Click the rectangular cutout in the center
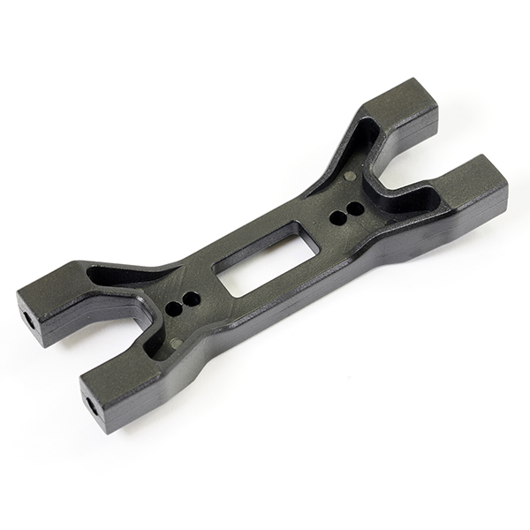[256, 258]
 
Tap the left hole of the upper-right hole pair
[337, 216]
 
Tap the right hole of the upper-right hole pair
[354, 209]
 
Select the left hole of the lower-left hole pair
[173, 309]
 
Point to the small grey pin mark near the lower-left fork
[176, 342]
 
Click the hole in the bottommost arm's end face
[92, 407]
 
